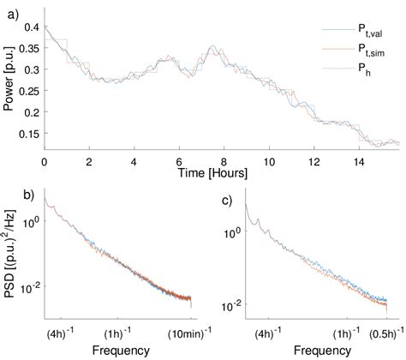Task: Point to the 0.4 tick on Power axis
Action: click(30, 27)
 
